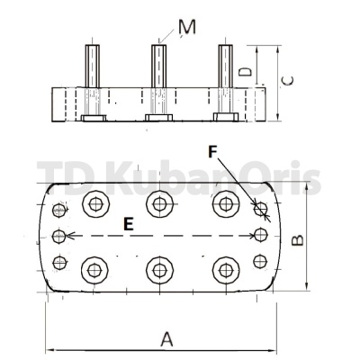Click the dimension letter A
point(166,339)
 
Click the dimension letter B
point(298,240)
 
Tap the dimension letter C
point(288,81)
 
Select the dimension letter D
point(245,72)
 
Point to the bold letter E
point(129,224)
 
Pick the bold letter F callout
point(212,152)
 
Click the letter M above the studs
point(187,27)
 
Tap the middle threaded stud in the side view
point(158,67)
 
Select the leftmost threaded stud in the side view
point(93,67)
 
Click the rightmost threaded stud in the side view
point(225,67)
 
